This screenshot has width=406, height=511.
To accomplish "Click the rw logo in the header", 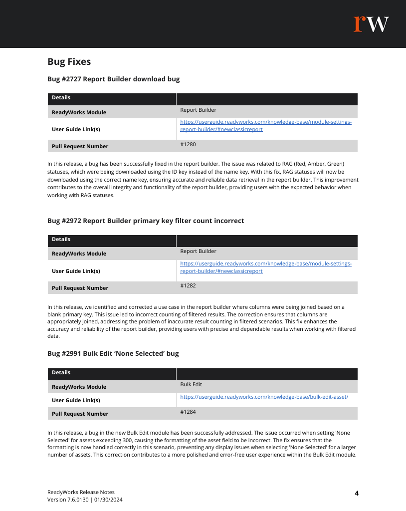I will click(371, 24).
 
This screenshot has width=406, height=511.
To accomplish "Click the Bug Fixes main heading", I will click(69, 62).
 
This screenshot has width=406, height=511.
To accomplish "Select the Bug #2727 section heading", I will click(113, 79).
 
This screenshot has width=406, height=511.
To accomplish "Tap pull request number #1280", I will click(188, 144).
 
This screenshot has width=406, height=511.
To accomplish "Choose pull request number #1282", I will click(188, 286).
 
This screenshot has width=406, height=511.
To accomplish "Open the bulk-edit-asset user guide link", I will click(264, 397).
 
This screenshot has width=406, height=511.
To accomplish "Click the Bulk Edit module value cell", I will click(191, 385).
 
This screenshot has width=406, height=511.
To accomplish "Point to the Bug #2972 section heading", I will click(146, 221).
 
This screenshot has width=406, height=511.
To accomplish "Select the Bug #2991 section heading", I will click(113, 354).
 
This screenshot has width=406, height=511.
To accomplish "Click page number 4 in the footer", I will click(357, 494).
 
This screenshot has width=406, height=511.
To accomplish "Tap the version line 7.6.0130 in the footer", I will click(85, 500).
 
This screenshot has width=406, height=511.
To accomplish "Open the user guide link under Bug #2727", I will click(265, 126).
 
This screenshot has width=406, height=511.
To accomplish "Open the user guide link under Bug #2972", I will click(265, 267).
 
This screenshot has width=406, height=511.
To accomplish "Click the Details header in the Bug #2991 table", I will click(61, 373).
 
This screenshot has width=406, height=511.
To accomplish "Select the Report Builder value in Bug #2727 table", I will click(198, 110).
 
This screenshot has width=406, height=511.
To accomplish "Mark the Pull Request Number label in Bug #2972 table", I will click(80, 288).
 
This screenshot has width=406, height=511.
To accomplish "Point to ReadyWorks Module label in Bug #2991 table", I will click(79, 387).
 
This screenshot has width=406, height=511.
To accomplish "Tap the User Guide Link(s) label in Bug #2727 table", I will click(76, 129).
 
